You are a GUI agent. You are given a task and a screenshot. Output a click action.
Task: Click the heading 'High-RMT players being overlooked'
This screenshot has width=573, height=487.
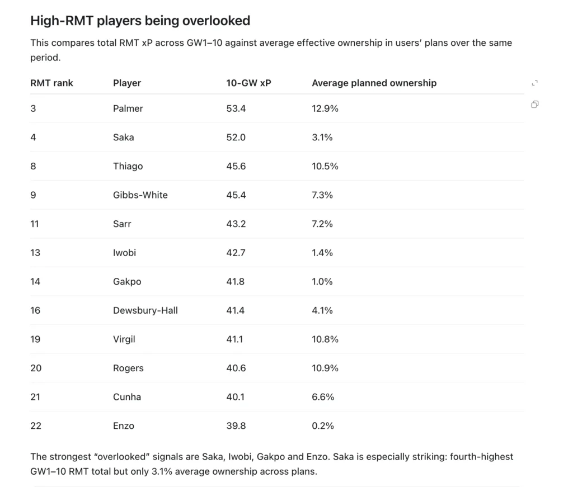[140, 21]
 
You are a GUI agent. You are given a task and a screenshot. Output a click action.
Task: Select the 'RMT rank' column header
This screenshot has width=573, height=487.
[51, 83]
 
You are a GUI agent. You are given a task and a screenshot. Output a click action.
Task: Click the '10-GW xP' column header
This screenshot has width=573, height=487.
[248, 83]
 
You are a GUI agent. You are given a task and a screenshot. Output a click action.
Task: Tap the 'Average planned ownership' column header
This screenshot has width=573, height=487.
[374, 83]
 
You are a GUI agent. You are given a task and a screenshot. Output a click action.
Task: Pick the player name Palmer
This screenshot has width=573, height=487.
[128, 108]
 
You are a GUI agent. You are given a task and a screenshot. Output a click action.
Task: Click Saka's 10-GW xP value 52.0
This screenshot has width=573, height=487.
[236, 137]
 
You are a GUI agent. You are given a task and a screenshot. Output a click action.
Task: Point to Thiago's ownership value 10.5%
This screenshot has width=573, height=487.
[325, 166]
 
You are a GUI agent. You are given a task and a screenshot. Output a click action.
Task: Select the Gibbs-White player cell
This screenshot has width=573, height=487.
[140, 195]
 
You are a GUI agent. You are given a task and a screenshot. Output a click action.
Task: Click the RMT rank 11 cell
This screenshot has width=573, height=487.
[34, 224]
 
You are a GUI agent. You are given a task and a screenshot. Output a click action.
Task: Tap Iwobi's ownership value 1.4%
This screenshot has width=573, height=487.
[322, 253]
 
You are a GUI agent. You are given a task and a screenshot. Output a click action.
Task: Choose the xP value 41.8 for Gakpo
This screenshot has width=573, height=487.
[236, 281]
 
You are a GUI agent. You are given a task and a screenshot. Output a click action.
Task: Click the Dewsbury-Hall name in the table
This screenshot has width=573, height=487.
[145, 310]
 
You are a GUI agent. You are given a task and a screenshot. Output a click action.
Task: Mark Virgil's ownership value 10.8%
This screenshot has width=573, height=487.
[325, 339]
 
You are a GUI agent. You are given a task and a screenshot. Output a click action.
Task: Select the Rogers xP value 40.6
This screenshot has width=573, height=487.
[236, 368]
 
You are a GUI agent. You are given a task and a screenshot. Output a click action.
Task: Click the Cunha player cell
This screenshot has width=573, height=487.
[127, 397]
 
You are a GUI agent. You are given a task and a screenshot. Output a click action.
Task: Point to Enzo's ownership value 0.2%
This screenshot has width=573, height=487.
[323, 425]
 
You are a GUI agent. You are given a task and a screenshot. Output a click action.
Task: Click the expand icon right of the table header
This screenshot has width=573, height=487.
[534, 83]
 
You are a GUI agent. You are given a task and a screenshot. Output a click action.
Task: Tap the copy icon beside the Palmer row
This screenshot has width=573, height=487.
[534, 105]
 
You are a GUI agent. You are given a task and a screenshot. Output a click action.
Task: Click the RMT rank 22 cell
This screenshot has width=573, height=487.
[36, 425]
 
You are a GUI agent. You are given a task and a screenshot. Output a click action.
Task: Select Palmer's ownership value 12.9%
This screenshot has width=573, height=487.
[325, 108]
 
